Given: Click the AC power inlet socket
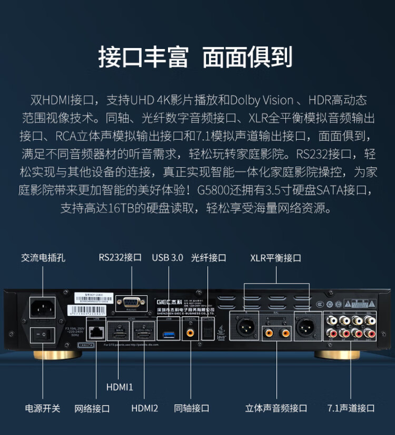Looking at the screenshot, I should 44,307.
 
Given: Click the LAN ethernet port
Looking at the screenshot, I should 96,331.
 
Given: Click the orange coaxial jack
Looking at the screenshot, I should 189,333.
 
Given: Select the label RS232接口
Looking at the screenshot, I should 120,258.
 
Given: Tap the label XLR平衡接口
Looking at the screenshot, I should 275,258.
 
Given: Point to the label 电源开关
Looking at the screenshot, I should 43,408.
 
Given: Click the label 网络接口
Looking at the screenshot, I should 92,408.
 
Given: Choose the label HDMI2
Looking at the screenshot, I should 144,408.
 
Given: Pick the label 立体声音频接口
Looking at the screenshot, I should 276,408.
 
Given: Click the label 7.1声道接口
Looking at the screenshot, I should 351,408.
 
